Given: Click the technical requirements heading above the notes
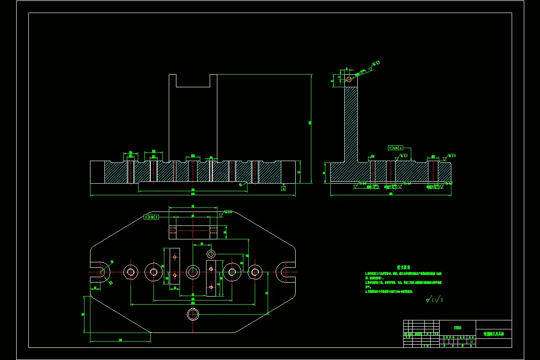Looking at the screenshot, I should (403, 266).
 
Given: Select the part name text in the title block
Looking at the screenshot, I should (493, 334).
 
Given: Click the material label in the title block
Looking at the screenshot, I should (457, 328).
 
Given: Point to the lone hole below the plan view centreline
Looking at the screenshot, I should (193, 314).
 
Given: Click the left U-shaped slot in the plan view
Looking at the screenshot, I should (102, 272).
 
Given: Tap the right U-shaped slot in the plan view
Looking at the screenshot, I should (285, 272).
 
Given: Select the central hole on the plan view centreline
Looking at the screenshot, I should (193, 271).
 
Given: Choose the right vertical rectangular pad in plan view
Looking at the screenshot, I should (211, 278).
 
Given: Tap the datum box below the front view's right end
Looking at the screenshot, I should (283, 189).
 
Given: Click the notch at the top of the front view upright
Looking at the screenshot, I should (193, 81).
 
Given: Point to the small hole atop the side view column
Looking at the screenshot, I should (349, 80).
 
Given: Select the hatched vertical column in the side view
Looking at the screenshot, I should (351, 124).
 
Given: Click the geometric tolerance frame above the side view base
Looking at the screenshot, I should (395, 147).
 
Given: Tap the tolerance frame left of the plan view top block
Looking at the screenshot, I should (152, 217).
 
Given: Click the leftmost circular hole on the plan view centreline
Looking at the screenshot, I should (131, 272).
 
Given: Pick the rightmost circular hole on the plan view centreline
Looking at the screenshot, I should (255, 272).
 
